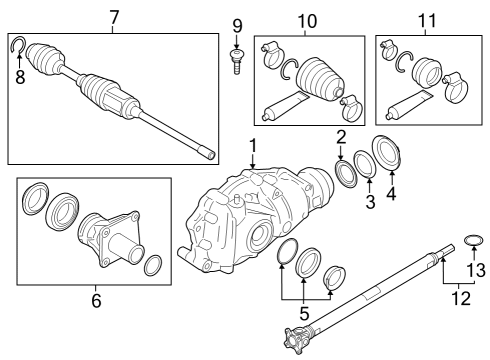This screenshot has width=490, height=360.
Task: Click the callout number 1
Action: pyautogui.click(x=253, y=146)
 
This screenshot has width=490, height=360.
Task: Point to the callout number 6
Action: pyautogui.click(x=96, y=299)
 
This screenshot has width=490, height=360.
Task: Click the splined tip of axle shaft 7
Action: pyautogui.click(x=208, y=152)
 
